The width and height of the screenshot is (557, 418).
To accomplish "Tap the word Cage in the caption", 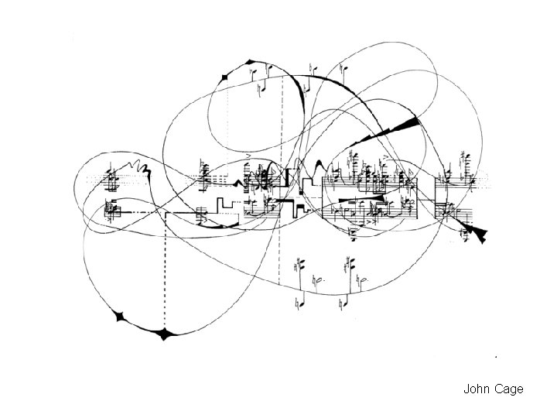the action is pos(507,389).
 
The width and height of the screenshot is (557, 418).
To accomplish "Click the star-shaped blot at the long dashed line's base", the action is pos(165,334).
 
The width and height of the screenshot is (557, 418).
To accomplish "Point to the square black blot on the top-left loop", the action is pos(225,76).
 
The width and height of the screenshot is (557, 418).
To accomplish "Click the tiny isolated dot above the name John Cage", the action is pos(494,355).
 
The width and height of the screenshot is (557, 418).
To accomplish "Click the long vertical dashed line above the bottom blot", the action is pos(165,271).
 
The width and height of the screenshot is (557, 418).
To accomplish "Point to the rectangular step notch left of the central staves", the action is pos(222,205).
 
